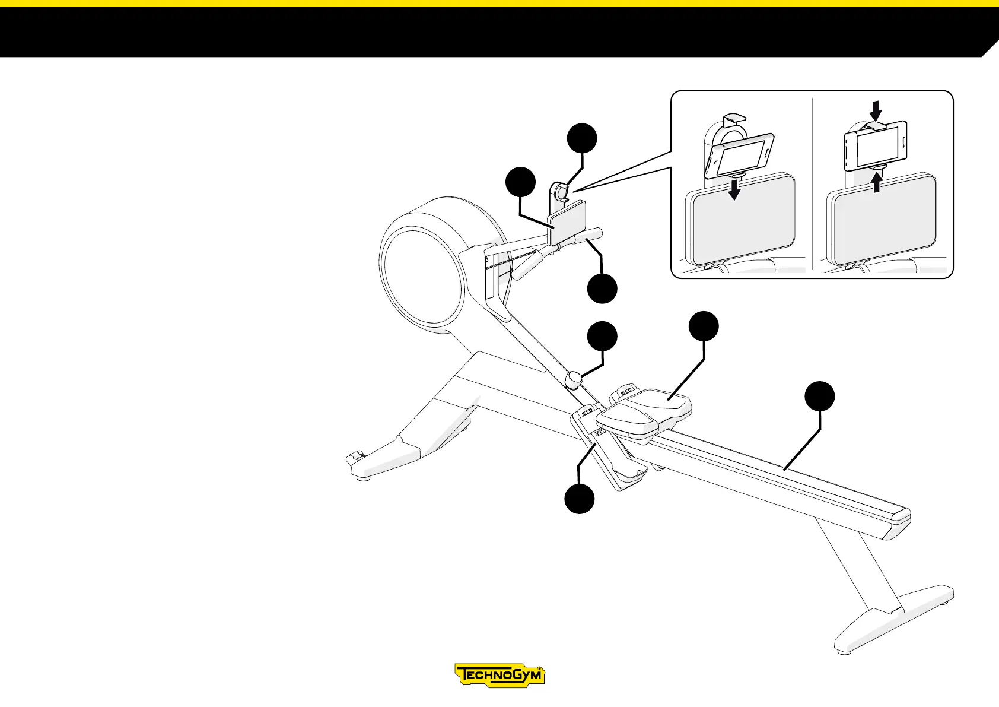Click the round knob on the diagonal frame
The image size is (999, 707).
574,379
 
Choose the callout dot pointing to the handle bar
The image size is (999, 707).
602,288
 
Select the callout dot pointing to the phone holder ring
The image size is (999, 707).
582,138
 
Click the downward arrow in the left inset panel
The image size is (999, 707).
735,190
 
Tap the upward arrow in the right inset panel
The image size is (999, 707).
877,180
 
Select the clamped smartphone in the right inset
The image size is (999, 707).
875,145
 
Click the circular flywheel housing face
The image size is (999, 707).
421,279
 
